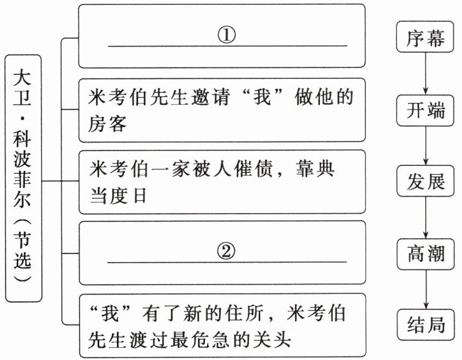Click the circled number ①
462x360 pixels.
coord(226,34)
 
